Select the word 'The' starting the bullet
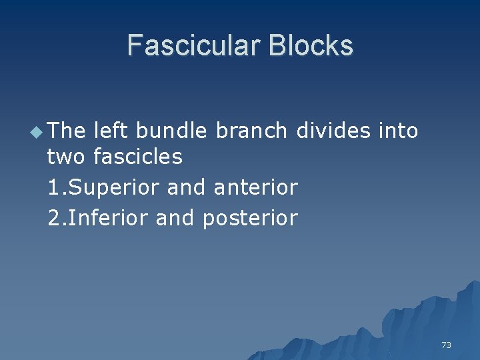click(x=67, y=131)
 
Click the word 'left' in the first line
click(x=111, y=131)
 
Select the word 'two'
click(x=67, y=157)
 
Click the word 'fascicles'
click(x=138, y=157)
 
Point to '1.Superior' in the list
click(x=105, y=188)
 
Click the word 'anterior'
click(x=255, y=187)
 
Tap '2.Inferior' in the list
click(x=99, y=217)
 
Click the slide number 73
click(x=446, y=345)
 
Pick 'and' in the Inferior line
click(x=175, y=217)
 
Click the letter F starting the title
click(x=134, y=45)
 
